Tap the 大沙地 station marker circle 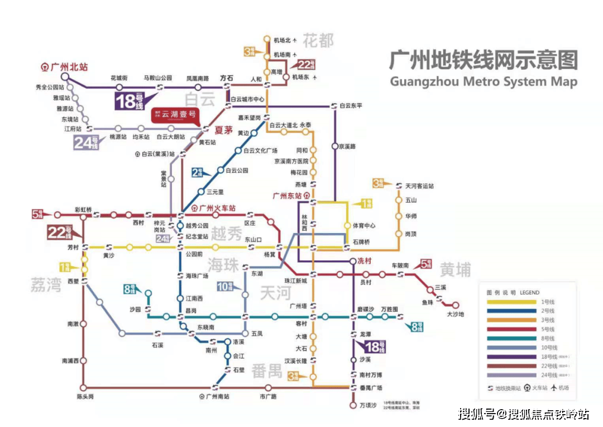[x=455, y=305]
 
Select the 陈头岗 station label [x=84, y=396]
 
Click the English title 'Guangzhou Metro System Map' [x=483, y=82]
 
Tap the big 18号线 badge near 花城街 [x=130, y=101]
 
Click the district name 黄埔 [x=455, y=270]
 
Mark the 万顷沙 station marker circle [x=352, y=405]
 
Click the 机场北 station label [x=283, y=40]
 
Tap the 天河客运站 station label [x=419, y=186]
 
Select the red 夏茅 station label [x=223, y=130]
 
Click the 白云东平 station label [x=351, y=105]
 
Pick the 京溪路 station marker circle [x=334, y=146]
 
